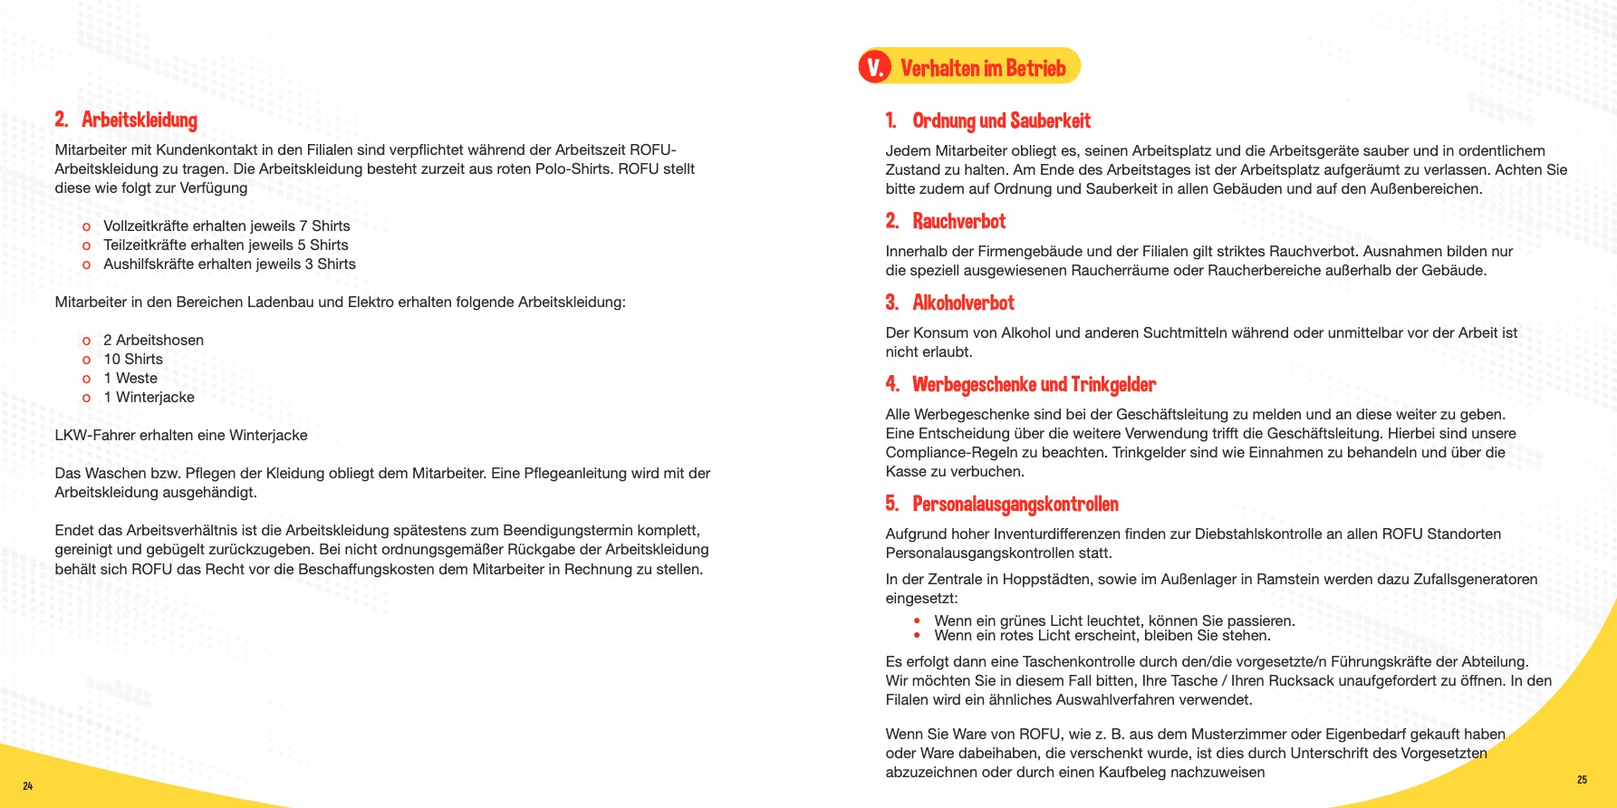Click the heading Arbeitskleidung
tap(139, 120)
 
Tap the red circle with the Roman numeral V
tap(875, 67)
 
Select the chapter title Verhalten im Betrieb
tap(983, 68)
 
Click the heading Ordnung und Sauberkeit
tap(1001, 120)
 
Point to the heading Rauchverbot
tap(958, 221)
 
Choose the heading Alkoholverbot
tap(963, 303)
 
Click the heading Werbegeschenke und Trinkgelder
tap(1034, 384)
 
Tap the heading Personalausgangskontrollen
tap(1015, 504)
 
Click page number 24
tap(28, 785)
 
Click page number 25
tap(1582, 779)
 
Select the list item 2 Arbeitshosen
tap(153, 340)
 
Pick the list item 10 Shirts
tap(133, 359)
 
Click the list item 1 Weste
tap(130, 378)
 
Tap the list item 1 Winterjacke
tap(149, 397)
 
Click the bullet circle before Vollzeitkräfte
tap(86, 226)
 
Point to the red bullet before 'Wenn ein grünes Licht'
tap(917, 620)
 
